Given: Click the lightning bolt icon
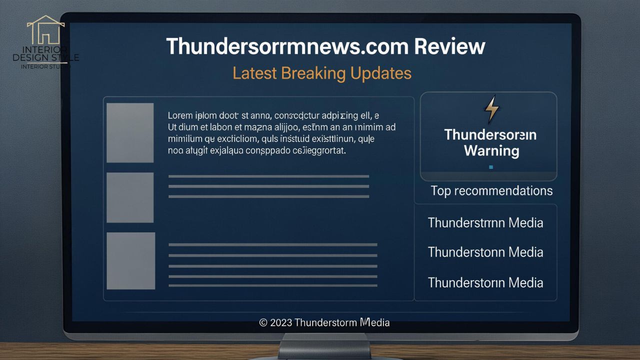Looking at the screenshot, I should [x=492, y=109].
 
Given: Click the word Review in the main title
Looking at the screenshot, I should [x=449, y=46].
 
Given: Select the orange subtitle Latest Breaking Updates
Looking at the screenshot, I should [x=322, y=73].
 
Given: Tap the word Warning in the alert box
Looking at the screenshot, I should [x=491, y=150].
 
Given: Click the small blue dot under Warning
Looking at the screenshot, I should [x=491, y=167].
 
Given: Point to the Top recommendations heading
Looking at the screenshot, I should [x=491, y=190].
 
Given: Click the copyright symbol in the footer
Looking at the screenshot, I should [x=263, y=322].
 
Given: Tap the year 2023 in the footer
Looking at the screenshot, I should [x=281, y=322].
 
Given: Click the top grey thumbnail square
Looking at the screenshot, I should [x=130, y=132].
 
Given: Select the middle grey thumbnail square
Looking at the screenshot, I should [x=130, y=197].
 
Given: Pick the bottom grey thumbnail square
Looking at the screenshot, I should [x=130, y=260].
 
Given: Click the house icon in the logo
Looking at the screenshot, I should [x=45, y=30].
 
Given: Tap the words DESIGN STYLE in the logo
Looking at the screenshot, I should [x=46, y=57].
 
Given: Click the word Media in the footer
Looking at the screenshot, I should [x=374, y=322].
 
